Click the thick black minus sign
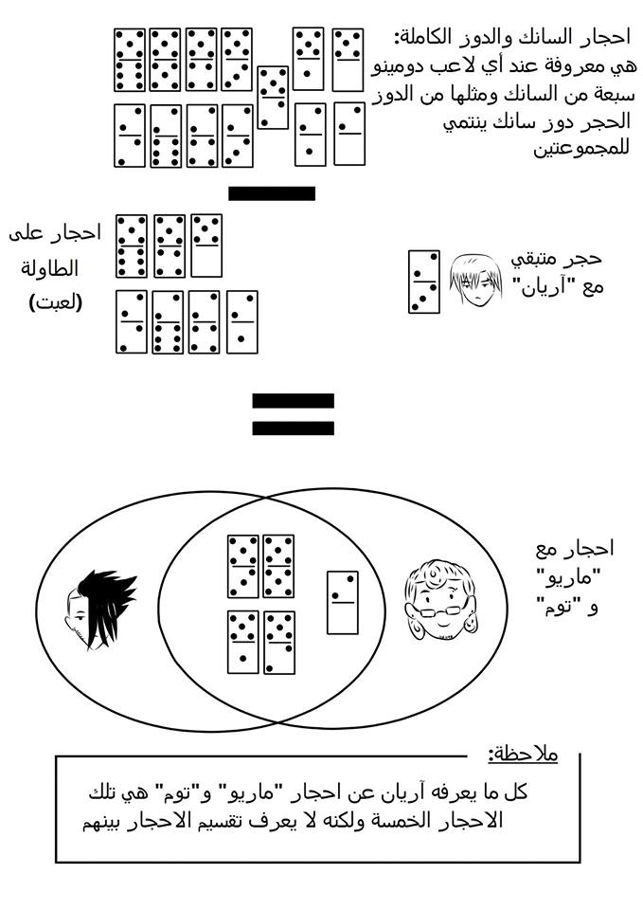(x=272, y=193)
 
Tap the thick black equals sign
(x=293, y=414)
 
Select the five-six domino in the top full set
(x=130, y=60)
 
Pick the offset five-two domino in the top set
(x=273, y=98)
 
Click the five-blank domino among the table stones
(x=206, y=246)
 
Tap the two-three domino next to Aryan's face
(x=424, y=282)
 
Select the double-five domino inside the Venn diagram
(x=278, y=567)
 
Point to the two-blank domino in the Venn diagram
(x=342, y=603)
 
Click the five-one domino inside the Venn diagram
(x=243, y=642)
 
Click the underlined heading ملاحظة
(x=523, y=754)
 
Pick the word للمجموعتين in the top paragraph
(x=581, y=149)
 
